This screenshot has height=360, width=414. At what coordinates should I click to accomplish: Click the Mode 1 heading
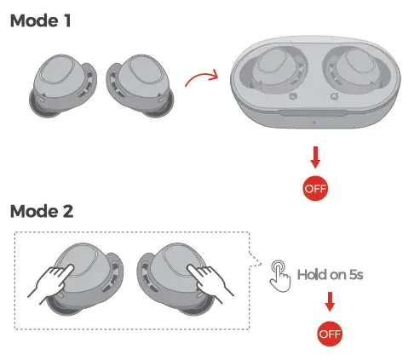[40, 20]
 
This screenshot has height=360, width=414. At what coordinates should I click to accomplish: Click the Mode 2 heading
[42, 211]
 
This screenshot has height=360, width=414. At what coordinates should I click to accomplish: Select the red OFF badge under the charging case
[315, 188]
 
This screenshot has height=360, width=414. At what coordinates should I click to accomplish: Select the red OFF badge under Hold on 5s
[330, 334]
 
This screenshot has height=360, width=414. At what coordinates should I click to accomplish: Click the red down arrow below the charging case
[315, 157]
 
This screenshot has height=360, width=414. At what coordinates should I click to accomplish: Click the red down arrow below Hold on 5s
[330, 302]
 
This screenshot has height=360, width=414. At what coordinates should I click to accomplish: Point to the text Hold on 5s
[330, 275]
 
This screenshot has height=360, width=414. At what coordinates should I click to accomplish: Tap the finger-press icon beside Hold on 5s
[280, 276]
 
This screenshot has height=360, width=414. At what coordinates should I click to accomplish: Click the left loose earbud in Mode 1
[63, 86]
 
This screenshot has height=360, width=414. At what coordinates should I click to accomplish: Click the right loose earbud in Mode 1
[140, 86]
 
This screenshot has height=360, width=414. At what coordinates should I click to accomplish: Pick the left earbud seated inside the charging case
[276, 71]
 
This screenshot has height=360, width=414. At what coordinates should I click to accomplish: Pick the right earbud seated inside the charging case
[353, 71]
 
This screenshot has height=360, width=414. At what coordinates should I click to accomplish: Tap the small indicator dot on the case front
[314, 123]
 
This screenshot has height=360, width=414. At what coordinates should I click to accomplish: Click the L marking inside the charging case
[292, 96]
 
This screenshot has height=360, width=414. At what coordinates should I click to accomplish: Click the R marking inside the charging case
[334, 96]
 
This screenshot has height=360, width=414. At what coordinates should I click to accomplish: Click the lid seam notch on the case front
[313, 113]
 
